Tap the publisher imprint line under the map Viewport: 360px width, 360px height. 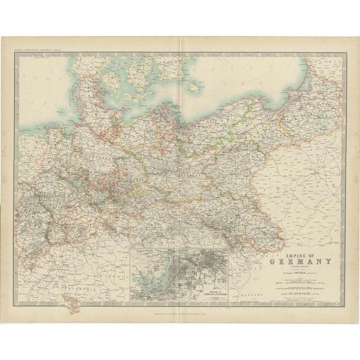pyautogui.click(x=180, y=308)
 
